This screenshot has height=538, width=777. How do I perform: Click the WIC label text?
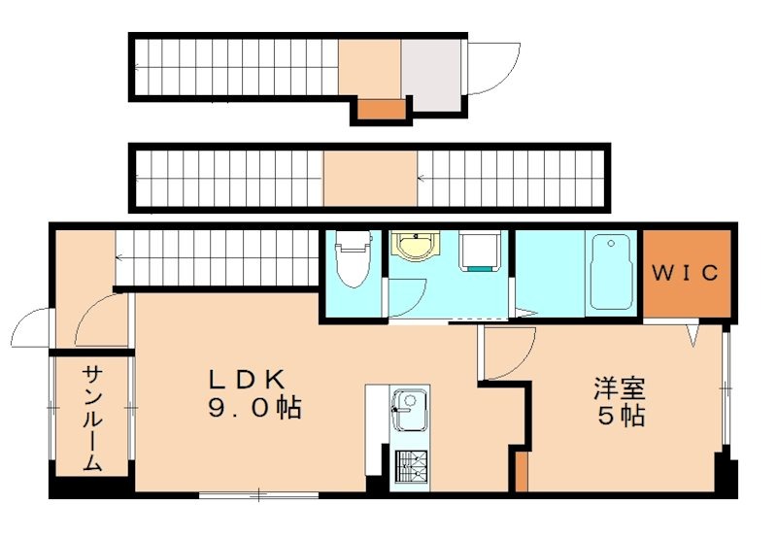685,273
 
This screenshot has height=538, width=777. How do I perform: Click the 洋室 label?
621,389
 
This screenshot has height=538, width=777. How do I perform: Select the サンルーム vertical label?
92,418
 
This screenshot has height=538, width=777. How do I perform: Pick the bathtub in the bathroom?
609,273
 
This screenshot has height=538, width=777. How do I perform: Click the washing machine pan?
480,253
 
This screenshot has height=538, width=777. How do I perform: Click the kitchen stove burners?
409,468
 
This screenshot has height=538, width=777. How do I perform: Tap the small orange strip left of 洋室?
523,471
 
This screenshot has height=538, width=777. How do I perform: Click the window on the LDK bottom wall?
258,495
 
